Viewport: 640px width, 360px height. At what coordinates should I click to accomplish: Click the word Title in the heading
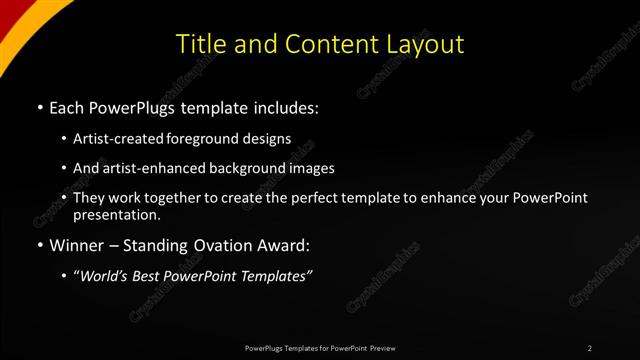[200, 44]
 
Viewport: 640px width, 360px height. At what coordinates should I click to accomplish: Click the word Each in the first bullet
[67, 106]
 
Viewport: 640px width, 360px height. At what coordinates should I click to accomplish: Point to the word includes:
[287, 106]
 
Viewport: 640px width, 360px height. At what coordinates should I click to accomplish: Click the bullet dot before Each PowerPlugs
[39, 107]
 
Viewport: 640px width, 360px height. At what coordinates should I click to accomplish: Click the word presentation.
[116, 214]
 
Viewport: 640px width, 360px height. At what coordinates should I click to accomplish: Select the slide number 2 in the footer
[590, 348]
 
